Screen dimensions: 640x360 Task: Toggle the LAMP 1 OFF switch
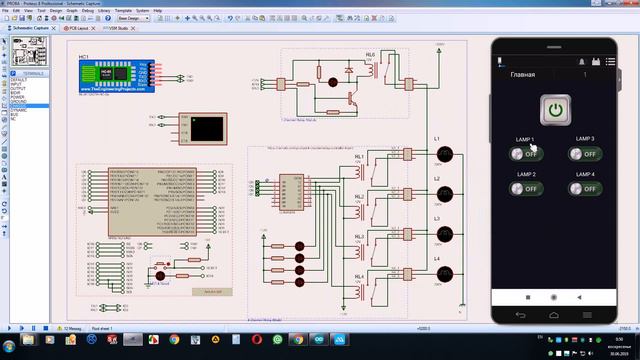pyautogui.click(x=522, y=154)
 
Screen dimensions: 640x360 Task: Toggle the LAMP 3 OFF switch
pyautogui.click(x=585, y=154)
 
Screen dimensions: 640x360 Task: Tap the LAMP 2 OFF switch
pyautogui.click(x=522, y=188)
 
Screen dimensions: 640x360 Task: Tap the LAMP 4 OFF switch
pyautogui.click(x=585, y=188)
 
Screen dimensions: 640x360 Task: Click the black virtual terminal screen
pyautogui.click(x=207, y=127)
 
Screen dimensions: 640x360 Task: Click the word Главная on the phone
pyautogui.click(x=522, y=75)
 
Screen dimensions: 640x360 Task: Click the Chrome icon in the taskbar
pyautogui.click(x=175, y=340)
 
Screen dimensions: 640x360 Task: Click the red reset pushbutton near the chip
pyautogui.click(x=160, y=266)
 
